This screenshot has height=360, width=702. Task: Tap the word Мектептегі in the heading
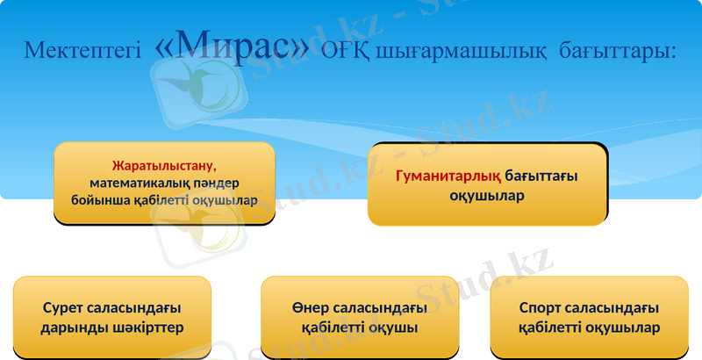tap(82, 50)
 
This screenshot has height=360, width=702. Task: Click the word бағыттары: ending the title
tap(618, 51)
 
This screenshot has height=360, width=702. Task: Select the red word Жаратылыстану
tap(164, 165)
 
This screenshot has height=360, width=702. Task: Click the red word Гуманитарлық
tap(448, 176)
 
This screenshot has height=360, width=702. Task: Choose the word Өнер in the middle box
tap(308, 308)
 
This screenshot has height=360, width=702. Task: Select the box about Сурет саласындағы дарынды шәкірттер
tap(112, 318)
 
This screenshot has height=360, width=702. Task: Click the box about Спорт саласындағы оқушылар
tap(589, 318)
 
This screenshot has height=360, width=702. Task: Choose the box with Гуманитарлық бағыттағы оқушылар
tap(487, 185)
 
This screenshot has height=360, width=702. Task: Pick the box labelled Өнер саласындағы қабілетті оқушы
tap(360, 318)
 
